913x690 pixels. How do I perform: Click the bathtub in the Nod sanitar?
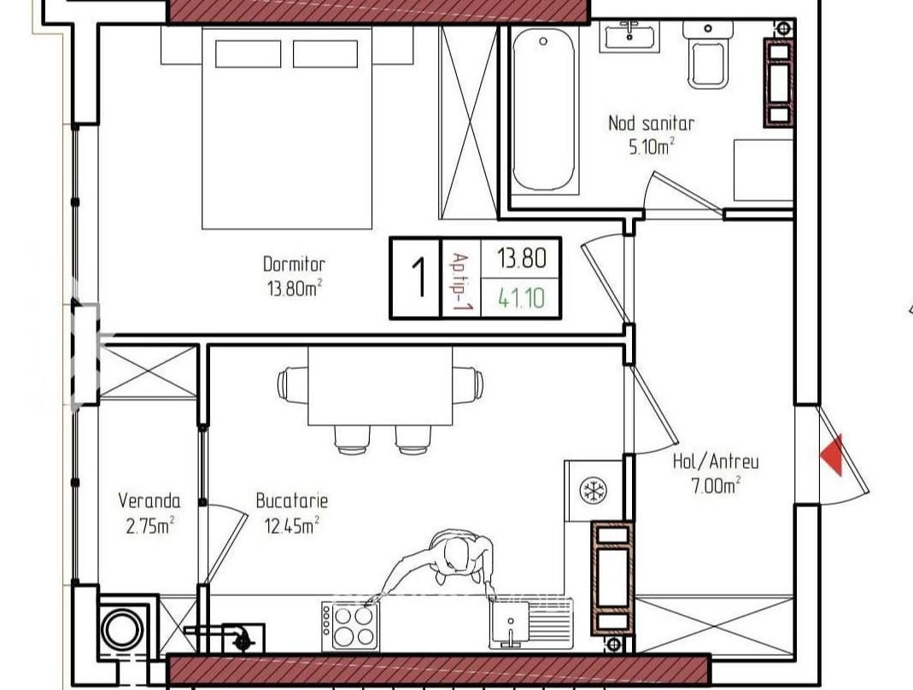[x=543, y=111]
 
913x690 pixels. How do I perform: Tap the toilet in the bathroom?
[x=708, y=56]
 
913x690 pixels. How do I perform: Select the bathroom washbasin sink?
[x=629, y=36]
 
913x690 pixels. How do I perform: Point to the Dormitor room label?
[x=294, y=265]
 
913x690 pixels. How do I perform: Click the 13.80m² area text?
[x=295, y=288]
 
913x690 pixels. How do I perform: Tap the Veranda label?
[x=149, y=500]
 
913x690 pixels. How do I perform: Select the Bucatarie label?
[x=292, y=500]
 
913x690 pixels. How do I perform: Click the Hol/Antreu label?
[x=716, y=462]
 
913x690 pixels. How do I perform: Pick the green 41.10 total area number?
[x=522, y=298]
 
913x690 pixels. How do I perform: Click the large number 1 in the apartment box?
[x=419, y=278]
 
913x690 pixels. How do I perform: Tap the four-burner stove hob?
[x=350, y=627]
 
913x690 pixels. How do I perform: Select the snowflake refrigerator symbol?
[x=594, y=490]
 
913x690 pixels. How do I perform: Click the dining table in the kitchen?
[x=380, y=386]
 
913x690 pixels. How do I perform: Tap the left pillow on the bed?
[x=248, y=54]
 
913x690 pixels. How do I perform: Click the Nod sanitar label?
[x=652, y=124]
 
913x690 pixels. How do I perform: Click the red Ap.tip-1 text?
[x=461, y=282]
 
